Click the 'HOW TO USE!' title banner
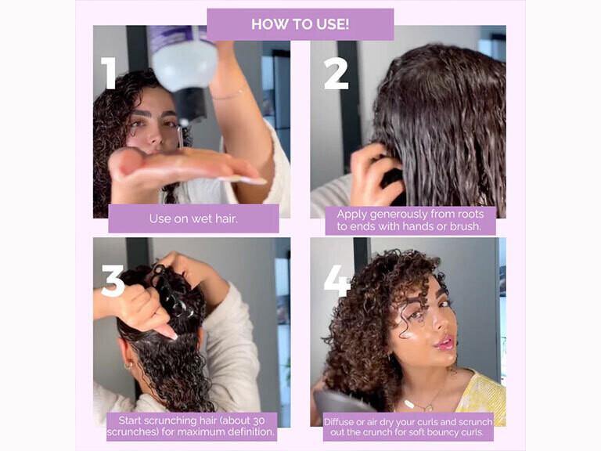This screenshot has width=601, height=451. (x=300, y=24)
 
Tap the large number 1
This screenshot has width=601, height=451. (x=109, y=73)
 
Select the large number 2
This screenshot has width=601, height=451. (x=336, y=73)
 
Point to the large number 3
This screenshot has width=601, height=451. (x=113, y=280)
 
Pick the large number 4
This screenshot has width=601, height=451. (x=337, y=280)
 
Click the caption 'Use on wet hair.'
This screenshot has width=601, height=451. (x=193, y=218)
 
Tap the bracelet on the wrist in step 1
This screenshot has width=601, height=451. (x=227, y=95)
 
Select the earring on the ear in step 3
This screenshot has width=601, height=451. (x=128, y=364)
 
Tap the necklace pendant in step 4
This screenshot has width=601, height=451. (x=408, y=404)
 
